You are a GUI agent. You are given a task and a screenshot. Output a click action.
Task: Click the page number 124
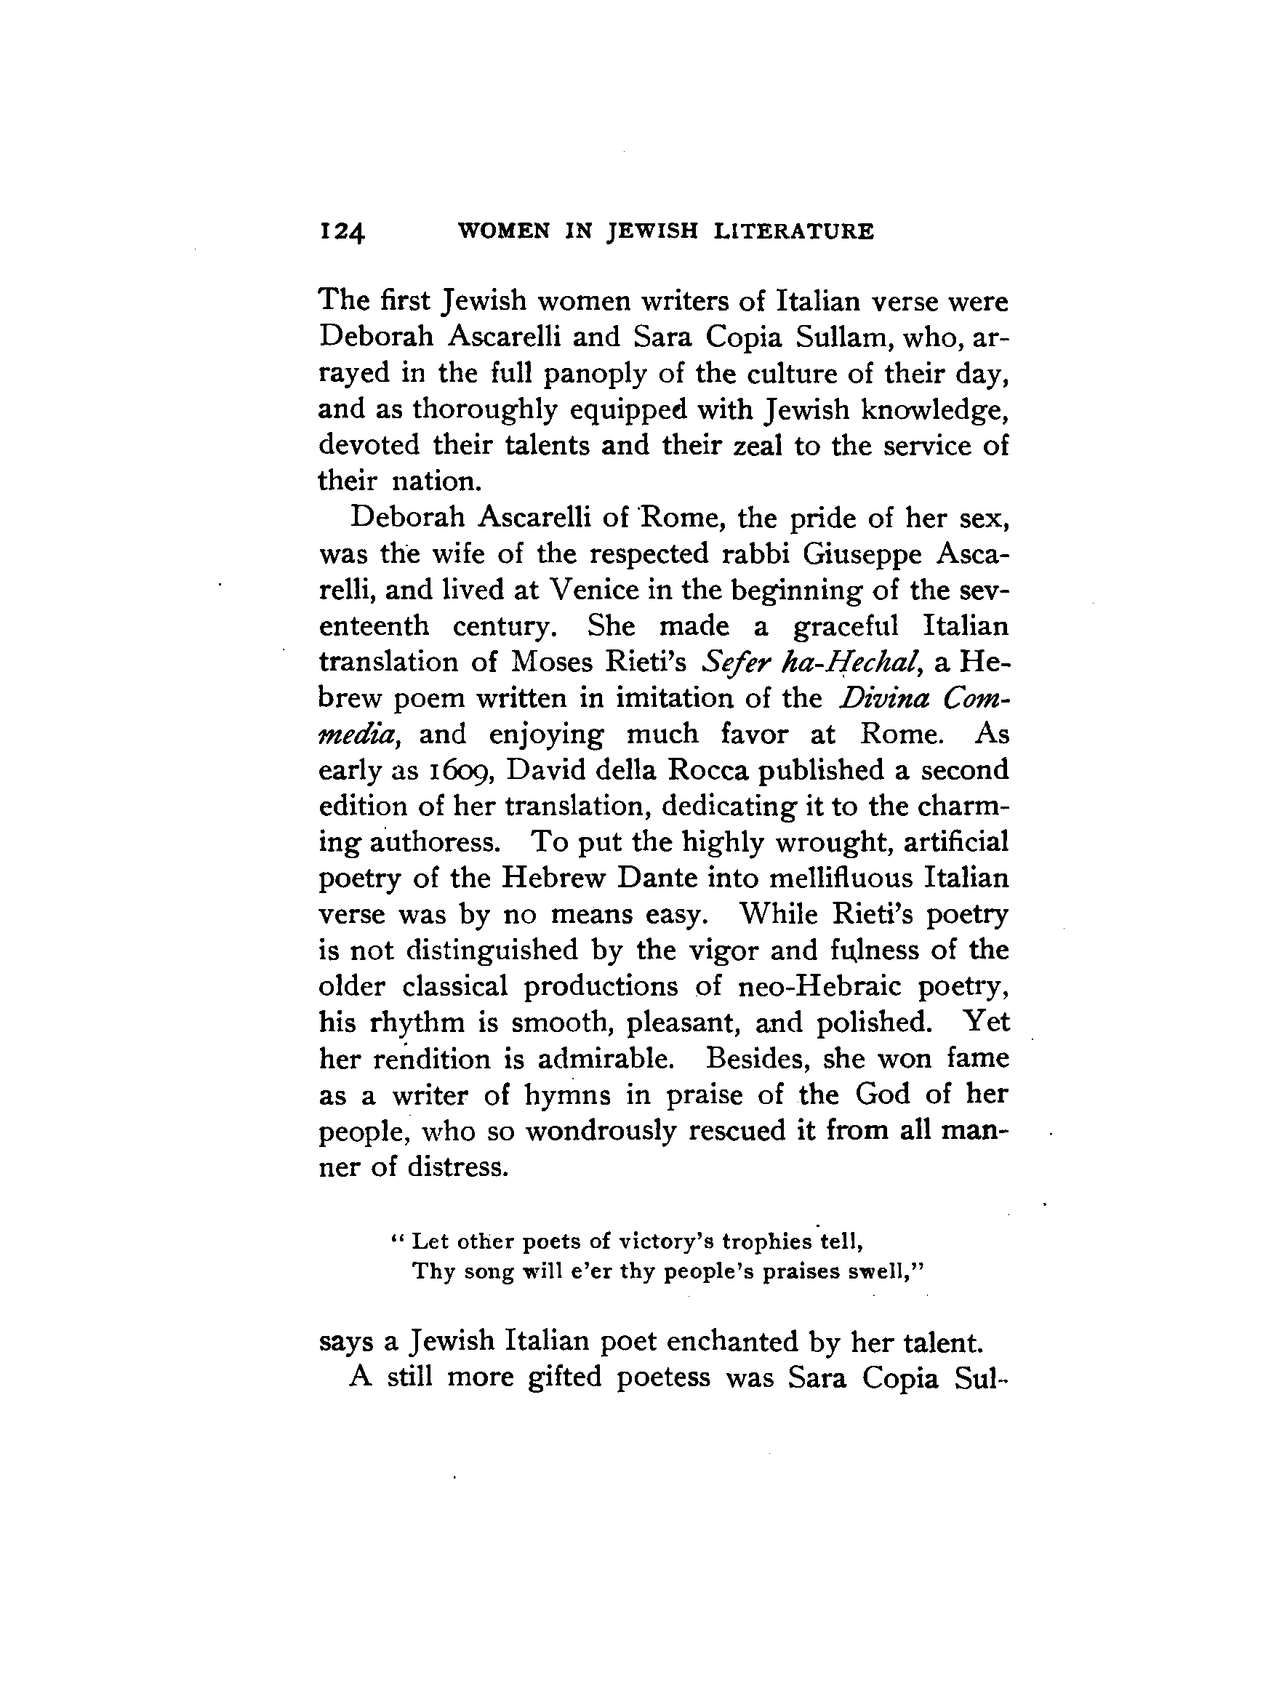(342, 232)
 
